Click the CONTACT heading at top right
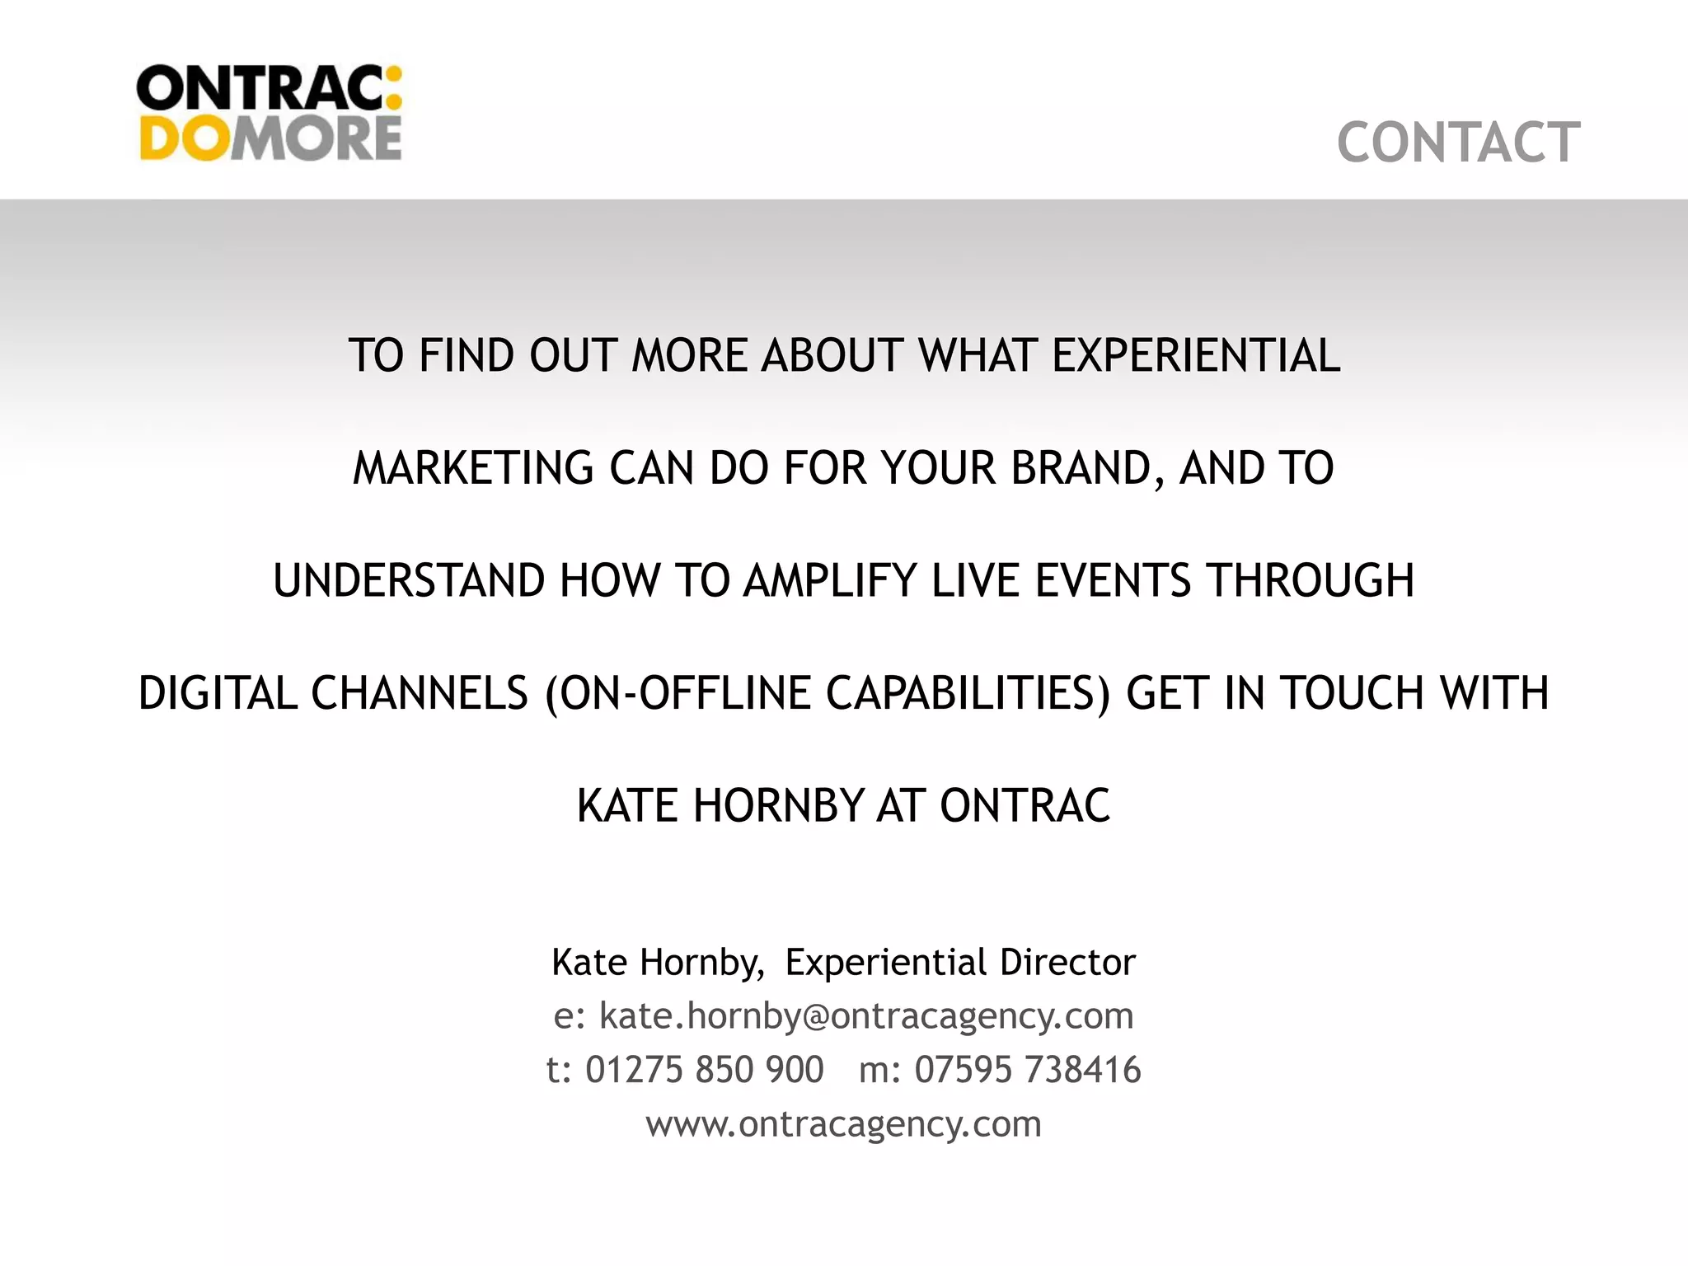pyautogui.click(x=1458, y=143)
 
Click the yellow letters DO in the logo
pyautogui.click(x=183, y=138)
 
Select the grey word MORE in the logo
pyautogui.click(x=316, y=138)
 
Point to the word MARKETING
pyautogui.click(x=473, y=468)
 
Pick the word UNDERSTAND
pyautogui.click(x=408, y=580)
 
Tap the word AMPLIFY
pyautogui.click(x=830, y=580)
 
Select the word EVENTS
pyautogui.click(x=1113, y=580)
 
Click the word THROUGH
pyautogui.click(x=1311, y=580)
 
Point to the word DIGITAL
pyautogui.click(x=218, y=692)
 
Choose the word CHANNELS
pyautogui.click(x=420, y=692)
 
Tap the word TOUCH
pyautogui.click(x=1351, y=692)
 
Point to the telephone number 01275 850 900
pyautogui.click(x=704, y=1070)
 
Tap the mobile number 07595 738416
pyautogui.click(x=1028, y=1070)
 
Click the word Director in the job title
pyautogui.click(x=1067, y=962)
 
